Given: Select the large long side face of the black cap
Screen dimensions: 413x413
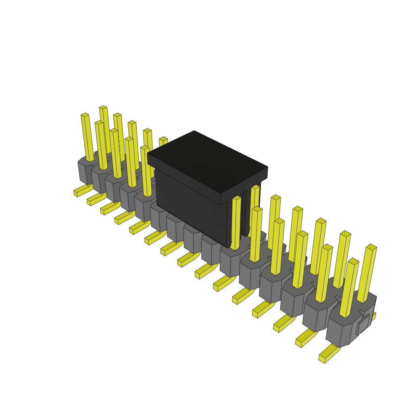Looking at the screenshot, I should click(x=190, y=206).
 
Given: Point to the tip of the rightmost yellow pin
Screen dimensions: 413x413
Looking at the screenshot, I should click(x=371, y=247).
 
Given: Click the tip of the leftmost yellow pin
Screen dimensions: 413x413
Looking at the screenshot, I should click(x=85, y=115).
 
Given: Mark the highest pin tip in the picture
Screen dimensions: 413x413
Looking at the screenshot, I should click(x=103, y=108).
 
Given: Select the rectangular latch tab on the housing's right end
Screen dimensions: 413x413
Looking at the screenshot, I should click(x=363, y=325).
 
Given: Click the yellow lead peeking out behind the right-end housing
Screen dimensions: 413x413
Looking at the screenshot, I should click(x=373, y=316).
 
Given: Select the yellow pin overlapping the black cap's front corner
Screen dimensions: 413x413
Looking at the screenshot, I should click(x=236, y=222).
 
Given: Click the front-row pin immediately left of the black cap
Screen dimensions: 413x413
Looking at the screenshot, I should click(x=147, y=171).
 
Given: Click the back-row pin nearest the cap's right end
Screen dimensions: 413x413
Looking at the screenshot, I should click(x=254, y=210).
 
